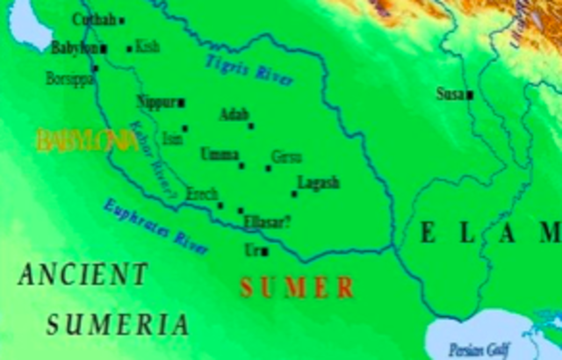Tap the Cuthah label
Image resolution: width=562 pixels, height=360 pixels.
pyautogui.click(x=93, y=19)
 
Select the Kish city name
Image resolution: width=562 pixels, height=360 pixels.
pyautogui.click(x=148, y=47)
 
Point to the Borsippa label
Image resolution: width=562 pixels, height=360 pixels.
pyautogui.click(x=68, y=78)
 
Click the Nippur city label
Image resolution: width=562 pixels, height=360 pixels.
pyautogui.click(x=157, y=102)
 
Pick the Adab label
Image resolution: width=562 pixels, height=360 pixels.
pyautogui.click(x=234, y=114)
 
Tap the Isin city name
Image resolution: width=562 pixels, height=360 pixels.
pyautogui.click(x=172, y=138)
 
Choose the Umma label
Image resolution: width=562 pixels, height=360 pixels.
pyautogui.click(x=219, y=155)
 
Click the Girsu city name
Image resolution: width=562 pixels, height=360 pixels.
pyautogui.click(x=286, y=157)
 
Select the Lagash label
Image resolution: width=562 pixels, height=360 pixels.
pyautogui.click(x=318, y=183)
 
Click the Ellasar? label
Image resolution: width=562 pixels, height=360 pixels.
pyautogui.click(x=269, y=222)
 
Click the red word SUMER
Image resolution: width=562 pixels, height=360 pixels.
pyautogui.click(x=298, y=287)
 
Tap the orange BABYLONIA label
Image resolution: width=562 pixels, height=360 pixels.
pyautogui.click(x=87, y=140)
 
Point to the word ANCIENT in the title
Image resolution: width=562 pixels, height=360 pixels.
pyautogui.click(x=83, y=275)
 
